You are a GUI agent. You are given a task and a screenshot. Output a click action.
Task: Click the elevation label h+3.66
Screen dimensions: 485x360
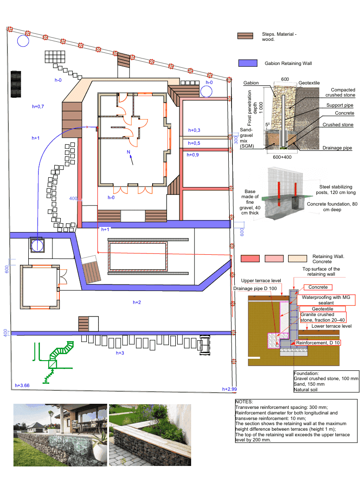(x=22, y=385)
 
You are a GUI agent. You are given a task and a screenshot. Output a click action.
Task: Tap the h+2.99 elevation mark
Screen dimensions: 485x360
(x=230, y=389)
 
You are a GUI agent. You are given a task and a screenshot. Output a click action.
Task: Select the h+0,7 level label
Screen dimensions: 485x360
(x=38, y=107)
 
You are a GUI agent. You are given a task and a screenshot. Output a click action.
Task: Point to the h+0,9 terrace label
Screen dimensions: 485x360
(x=193, y=155)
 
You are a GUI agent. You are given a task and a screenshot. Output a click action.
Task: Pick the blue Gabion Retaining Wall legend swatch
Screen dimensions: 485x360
(x=248, y=63)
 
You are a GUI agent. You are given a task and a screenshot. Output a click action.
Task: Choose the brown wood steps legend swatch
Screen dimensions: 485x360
(x=245, y=37)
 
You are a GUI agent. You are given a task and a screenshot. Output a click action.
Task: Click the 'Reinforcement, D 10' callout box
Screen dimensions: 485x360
(x=318, y=343)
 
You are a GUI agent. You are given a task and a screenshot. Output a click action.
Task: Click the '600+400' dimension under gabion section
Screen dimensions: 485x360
(x=282, y=157)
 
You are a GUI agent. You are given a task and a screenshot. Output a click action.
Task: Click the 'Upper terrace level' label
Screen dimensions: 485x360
(x=261, y=281)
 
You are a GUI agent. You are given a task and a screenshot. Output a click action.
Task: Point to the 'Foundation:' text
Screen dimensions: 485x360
(x=306, y=373)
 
